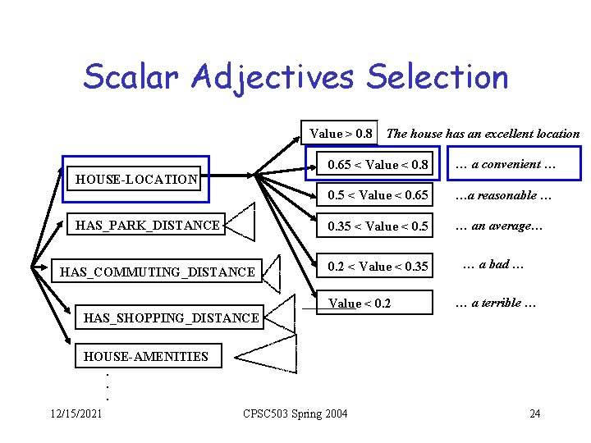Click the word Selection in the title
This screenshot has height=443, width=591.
pos(438,77)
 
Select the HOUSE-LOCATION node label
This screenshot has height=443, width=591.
pos(136,179)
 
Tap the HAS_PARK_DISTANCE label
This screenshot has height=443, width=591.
pos(148,225)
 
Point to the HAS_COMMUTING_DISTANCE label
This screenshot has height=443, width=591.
pos(158,272)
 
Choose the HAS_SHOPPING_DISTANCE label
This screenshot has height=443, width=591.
pos(167,317)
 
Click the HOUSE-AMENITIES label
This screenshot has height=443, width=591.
pos(146,356)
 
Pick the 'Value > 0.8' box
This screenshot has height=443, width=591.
pos(341,133)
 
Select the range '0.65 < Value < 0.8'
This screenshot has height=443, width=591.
pos(378,165)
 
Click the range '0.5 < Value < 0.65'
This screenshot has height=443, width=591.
pos(378,195)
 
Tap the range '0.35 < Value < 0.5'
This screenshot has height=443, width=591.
pos(378,226)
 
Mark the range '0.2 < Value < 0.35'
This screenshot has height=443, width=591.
pos(378,266)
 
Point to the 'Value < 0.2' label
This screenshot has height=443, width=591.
pos(360,304)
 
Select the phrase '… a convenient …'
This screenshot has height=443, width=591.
pos(505,164)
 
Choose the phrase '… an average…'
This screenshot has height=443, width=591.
pos(499,226)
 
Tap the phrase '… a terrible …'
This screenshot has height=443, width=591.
pos(496,304)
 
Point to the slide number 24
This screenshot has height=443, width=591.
pos(535,413)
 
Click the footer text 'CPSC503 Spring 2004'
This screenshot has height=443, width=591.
pos(295,413)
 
